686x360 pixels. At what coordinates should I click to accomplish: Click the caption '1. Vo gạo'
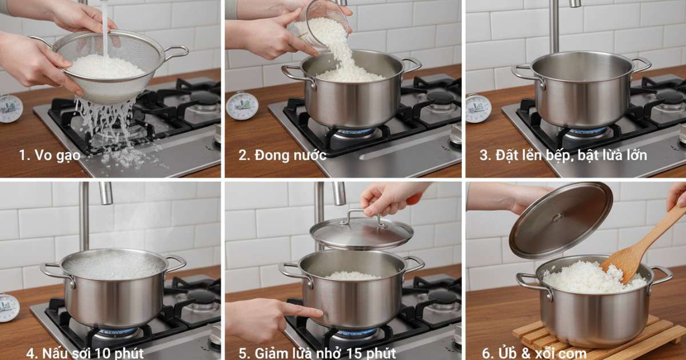[50, 155]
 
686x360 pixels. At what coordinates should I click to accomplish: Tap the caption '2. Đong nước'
[282, 155]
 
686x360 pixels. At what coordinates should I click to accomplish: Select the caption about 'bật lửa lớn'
[564, 155]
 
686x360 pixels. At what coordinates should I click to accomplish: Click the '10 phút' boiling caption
[85, 353]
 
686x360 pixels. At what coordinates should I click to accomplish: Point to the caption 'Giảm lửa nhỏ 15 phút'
[317, 353]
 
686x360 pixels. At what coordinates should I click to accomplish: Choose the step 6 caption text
[535, 353]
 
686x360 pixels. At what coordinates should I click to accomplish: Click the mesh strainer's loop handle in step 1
[177, 53]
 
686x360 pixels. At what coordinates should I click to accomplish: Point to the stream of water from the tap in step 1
[105, 27]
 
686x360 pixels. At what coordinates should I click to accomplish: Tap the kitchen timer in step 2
[242, 106]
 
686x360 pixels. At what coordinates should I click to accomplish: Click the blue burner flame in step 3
[585, 131]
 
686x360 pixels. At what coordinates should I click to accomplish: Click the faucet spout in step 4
[106, 194]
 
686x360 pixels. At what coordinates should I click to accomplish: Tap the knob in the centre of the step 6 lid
[557, 217]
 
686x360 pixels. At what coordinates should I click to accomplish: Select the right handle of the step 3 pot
[641, 64]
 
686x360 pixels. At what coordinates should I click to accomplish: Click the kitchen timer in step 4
[9, 307]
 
